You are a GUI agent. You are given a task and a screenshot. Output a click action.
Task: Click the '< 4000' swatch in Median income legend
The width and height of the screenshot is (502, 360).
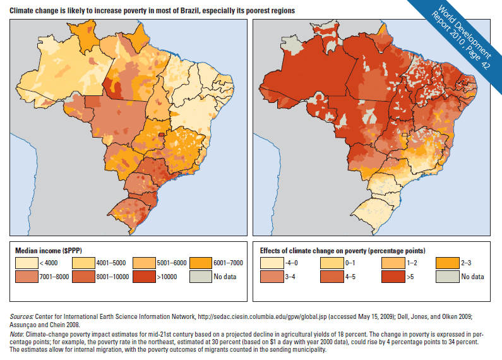point(26,261)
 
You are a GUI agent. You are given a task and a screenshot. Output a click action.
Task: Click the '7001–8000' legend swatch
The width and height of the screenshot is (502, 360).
point(26,276)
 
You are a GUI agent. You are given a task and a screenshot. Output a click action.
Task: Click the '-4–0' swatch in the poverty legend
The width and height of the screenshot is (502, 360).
point(270,261)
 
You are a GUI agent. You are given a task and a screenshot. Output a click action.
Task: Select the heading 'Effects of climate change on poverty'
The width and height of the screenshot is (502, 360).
point(341,249)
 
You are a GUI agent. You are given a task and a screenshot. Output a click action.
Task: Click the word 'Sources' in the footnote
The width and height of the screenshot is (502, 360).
point(22,315)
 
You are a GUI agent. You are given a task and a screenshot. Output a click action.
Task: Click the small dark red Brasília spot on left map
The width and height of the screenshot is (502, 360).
point(162,134)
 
